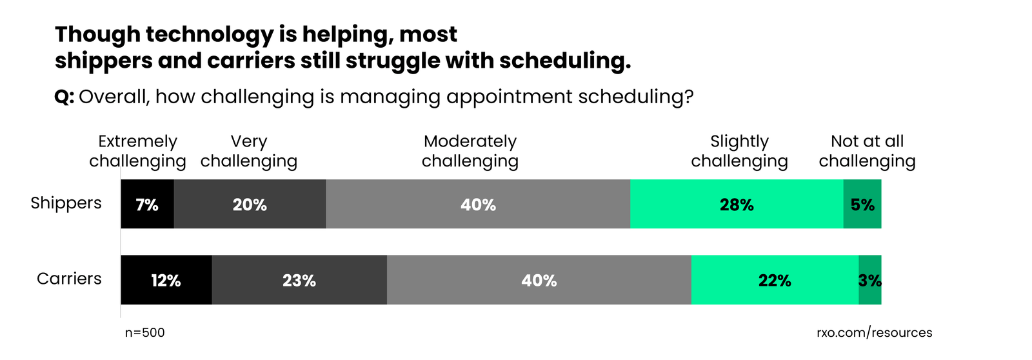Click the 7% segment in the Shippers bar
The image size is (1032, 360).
[x=147, y=205]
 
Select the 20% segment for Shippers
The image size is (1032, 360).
[x=250, y=205]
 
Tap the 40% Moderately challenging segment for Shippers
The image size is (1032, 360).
[x=478, y=205]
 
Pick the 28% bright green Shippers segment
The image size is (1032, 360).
[x=737, y=205]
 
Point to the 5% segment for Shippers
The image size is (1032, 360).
[x=862, y=205]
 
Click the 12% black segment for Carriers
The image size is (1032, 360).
[x=166, y=280]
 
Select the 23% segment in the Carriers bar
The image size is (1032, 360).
[x=299, y=280]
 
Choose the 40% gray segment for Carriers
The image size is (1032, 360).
[x=539, y=280]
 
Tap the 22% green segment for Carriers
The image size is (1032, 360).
[x=775, y=280]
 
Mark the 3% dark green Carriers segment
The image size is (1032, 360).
[x=870, y=280]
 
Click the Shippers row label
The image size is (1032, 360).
[x=66, y=203]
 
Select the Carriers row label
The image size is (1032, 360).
[x=69, y=279]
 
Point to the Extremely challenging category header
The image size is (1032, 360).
[x=137, y=151]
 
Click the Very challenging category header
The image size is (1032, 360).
[x=249, y=151]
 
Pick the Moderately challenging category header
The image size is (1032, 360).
[x=470, y=151]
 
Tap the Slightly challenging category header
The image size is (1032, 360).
[x=739, y=151]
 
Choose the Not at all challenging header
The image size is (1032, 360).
[x=867, y=151]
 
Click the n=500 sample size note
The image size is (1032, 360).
[x=145, y=333]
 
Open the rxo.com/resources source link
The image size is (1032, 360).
[x=874, y=333]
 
